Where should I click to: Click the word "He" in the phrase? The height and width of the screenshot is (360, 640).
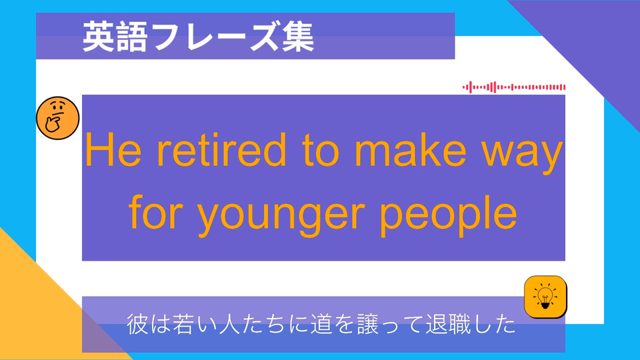(113, 150)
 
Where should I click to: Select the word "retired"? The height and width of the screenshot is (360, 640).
(221, 149)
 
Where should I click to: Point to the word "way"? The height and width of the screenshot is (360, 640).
(523, 155)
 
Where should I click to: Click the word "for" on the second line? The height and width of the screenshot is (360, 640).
(153, 212)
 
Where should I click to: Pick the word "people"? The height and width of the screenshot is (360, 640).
(449, 215)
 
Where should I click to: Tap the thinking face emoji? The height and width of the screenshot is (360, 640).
(57, 118)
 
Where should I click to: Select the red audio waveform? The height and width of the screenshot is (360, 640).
(514, 87)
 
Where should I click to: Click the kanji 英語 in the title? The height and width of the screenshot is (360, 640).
(115, 37)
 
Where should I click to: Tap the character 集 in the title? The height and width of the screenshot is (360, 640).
(298, 37)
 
